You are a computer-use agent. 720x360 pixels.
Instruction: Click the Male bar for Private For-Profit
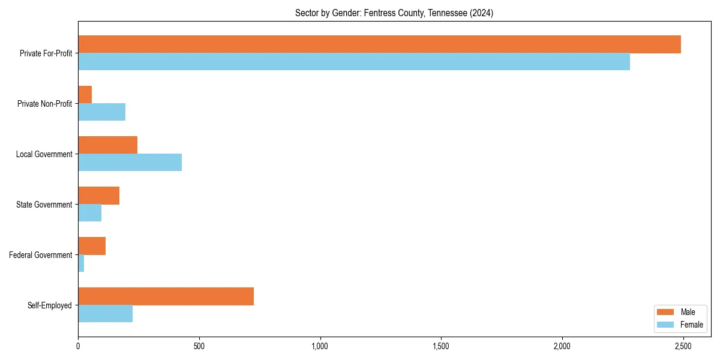point(379,44)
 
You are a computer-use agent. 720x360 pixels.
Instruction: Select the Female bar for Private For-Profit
point(354,62)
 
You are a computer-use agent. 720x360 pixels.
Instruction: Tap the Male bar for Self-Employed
point(166,296)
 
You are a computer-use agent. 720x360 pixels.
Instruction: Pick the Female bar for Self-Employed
point(105,314)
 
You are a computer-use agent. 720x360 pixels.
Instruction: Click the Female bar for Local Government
point(130,163)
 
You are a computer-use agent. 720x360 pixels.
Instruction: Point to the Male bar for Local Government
point(107,145)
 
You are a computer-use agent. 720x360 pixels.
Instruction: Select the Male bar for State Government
point(98,196)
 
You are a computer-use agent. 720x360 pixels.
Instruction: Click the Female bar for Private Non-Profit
point(101,112)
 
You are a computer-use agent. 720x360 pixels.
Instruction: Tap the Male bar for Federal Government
point(92,246)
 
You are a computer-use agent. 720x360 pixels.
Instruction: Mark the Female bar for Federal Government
point(81,263)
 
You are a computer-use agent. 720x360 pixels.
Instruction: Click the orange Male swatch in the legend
point(666,312)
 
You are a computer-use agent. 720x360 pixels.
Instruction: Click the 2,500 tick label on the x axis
point(683,346)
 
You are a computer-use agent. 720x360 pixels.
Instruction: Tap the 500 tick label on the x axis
point(199,346)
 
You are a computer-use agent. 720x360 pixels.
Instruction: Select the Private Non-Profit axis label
point(44,104)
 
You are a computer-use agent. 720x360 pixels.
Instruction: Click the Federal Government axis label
point(41,255)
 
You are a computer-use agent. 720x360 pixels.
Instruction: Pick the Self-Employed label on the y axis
point(49,305)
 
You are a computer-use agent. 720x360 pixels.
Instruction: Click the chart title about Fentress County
point(394,13)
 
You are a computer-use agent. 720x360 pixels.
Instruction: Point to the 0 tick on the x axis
point(78,346)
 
